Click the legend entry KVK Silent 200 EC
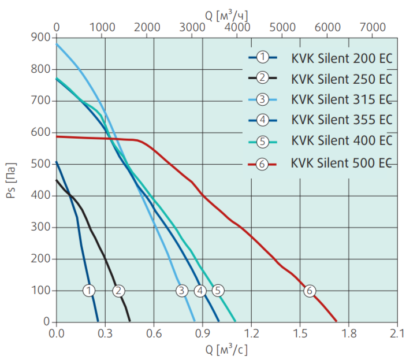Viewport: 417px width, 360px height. point(342,58)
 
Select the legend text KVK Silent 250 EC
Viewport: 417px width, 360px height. point(342,79)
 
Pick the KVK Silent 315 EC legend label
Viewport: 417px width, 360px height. point(342,99)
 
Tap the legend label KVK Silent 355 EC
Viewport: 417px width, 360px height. point(342,120)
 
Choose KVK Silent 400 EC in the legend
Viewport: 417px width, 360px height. point(342,140)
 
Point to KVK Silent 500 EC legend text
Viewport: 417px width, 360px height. point(341,163)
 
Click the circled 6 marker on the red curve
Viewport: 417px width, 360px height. point(310,291)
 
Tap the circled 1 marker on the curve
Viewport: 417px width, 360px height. point(89,291)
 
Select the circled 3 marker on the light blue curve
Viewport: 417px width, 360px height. point(182,291)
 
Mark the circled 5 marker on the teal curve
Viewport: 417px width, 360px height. point(218,291)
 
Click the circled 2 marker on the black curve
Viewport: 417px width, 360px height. point(118,291)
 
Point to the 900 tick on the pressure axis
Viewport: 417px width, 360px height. point(40,37)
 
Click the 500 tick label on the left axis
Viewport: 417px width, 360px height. point(40,164)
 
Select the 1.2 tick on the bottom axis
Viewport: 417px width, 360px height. point(251,333)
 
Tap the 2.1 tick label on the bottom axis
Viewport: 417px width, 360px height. point(397,333)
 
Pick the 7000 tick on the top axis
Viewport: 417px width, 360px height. point(373,27)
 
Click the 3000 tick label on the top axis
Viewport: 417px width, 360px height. point(192,27)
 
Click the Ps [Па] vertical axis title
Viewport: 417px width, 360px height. point(11,180)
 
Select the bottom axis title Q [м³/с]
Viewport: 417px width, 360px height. point(226,350)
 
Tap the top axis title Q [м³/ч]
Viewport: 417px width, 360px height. point(226,16)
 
